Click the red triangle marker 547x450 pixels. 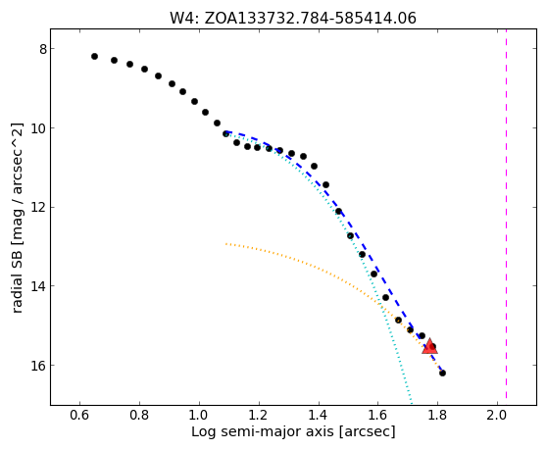pyautogui.click(x=429, y=346)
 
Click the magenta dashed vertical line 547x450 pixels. pyautogui.click(x=506, y=217)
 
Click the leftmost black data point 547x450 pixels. pyautogui.click(x=94, y=56)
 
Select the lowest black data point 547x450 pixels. pyautogui.click(x=442, y=373)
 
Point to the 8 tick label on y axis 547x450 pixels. pyautogui.click(x=42, y=49)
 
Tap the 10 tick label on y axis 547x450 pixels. pyautogui.click(x=39, y=128)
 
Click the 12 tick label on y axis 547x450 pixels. pyautogui.click(x=39, y=208)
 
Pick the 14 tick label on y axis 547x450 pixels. pyautogui.click(x=39, y=286)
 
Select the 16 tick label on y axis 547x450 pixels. pyautogui.click(x=39, y=366)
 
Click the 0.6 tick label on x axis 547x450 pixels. pyautogui.click(x=79, y=416)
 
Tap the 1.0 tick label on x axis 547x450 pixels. pyautogui.click(x=199, y=416)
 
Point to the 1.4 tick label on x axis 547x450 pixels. pyautogui.click(x=319, y=416)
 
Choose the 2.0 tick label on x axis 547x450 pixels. pyautogui.click(x=497, y=416)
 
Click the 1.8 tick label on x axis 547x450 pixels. pyautogui.click(x=437, y=416)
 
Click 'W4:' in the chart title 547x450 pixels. pyautogui.click(x=184, y=19)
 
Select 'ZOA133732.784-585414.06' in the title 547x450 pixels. pyautogui.click(x=310, y=19)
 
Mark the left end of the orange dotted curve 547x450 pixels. pyautogui.click(x=226, y=243)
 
